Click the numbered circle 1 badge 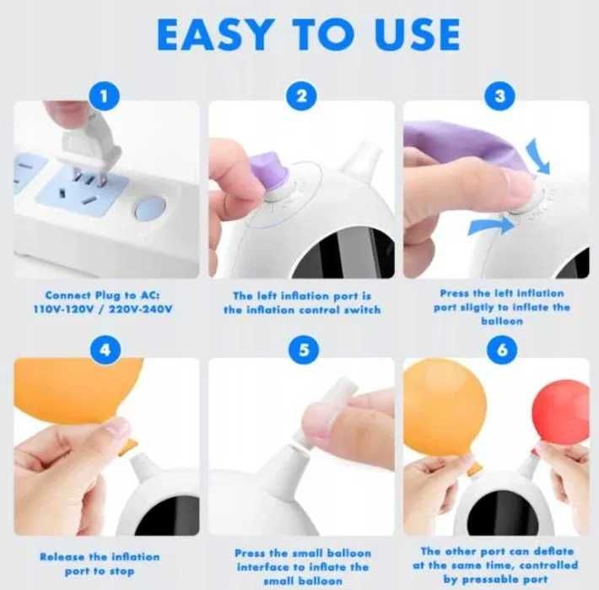pos(104,96)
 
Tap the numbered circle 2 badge pos(302,96)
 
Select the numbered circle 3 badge pos(499,96)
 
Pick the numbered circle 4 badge pos(105,349)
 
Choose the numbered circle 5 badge pos(304,349)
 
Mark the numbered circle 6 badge pos(502,349)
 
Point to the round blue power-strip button pos(150,208)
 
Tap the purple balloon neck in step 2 pos(269,172)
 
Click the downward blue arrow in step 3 pos(538,157)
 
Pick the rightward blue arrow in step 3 pos(492,226)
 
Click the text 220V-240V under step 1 pos(141,309)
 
